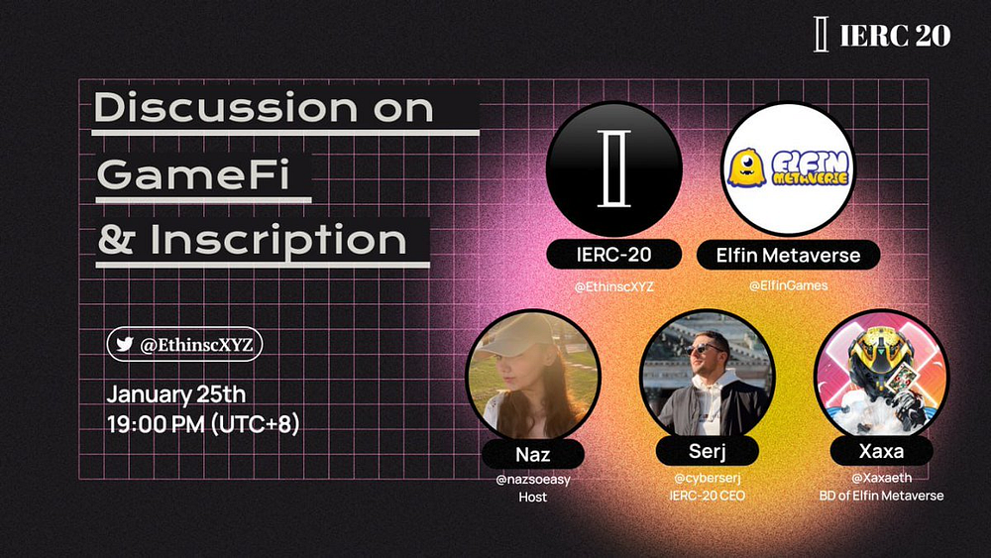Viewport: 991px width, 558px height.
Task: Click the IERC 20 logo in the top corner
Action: (883, 35)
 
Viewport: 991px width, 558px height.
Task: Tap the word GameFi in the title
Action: (193, 173)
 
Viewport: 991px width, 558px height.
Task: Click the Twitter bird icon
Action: (125, 343)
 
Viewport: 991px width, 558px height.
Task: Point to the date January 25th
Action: (175, 394)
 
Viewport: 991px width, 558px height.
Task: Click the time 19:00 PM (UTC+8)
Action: (203, 423)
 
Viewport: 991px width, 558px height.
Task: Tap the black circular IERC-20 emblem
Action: (613, 168)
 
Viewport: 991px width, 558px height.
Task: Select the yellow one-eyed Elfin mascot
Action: (746, 167)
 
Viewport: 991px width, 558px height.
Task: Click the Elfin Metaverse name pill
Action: (788, 256)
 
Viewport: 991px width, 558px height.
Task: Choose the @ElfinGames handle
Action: (788, 285)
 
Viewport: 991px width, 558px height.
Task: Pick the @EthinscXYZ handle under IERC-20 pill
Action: (613, 286)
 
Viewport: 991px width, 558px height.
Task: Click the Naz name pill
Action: (533, 454)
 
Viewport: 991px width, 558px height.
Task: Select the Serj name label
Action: (707, 451)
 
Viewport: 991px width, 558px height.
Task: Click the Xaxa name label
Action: (881, 451)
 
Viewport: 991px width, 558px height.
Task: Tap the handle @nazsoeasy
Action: (533, 480)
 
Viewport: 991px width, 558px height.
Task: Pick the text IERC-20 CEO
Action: (707, 497)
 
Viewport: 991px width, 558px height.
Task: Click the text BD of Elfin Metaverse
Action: (881, 497)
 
